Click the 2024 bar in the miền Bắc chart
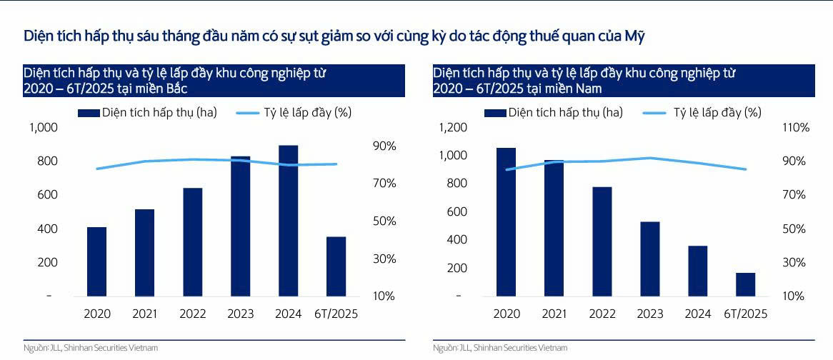[288, 221]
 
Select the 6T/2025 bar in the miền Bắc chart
[336, 266]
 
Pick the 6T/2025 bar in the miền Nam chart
[745, 284]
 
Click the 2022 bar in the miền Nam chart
[602, 241]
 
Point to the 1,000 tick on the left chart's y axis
[42, 128]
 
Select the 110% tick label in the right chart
[795, 128]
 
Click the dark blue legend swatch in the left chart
[89, 113]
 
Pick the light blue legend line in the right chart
[657, 113]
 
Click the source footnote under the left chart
[90, 348]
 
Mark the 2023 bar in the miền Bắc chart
[240, 226]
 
